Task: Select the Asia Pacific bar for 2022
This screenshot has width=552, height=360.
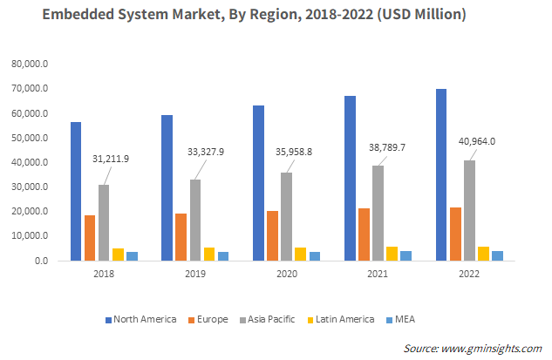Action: (469, 210)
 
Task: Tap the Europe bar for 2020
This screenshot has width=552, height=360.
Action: (272, 235)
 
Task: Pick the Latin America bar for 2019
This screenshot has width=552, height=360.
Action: (208, 254)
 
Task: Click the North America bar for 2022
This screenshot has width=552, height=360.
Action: (441, 174)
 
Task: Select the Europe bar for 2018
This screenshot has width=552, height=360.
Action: (90, 237)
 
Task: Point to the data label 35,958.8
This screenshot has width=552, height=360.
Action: (294, 151)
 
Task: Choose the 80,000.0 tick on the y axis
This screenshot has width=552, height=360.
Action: (31, 65)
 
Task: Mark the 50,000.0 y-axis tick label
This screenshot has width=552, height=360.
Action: (31, 138)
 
